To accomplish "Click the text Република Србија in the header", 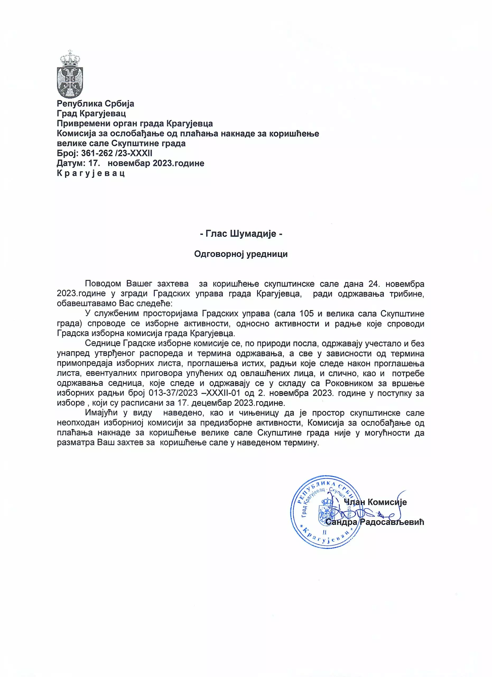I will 95,104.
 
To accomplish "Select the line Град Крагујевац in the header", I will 91,113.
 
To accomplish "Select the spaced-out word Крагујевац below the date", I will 91,173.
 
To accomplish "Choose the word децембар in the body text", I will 211,403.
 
